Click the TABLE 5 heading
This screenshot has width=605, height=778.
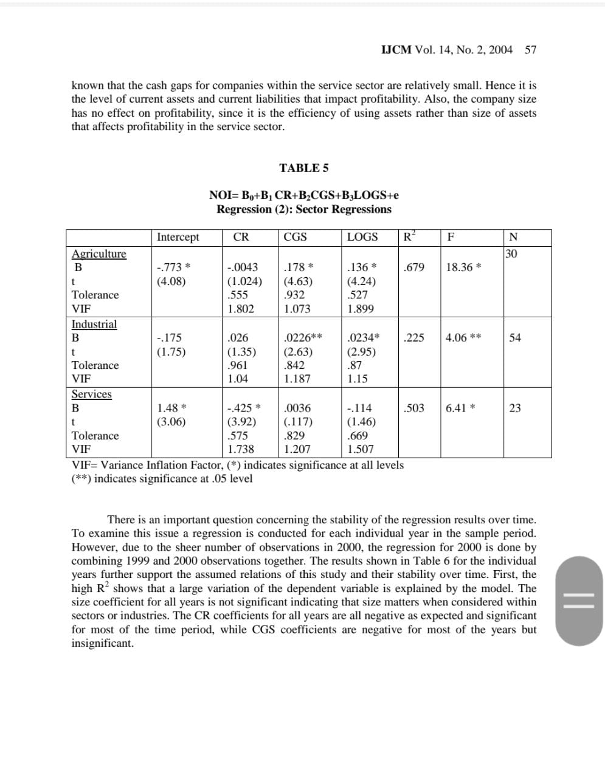(303, 168)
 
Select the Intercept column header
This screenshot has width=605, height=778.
(178, 237)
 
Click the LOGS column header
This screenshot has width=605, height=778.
(362, 237)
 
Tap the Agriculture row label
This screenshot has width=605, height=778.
(99, 253)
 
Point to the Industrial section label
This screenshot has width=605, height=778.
(94, 324)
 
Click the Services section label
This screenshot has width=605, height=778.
(92, 394)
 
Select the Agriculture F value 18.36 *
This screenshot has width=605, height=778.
(463, 267)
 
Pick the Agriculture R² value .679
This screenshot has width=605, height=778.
(413, 267)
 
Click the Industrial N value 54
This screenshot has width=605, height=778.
(514, 337)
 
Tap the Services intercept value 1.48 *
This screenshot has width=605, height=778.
(171, 408)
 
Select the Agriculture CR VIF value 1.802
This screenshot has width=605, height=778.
(241, 309)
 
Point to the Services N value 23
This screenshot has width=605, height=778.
(514, 408)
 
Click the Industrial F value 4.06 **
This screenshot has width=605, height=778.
(463, 337)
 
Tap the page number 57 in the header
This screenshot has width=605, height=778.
(530, 50)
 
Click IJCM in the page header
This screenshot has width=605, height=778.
(396, 50)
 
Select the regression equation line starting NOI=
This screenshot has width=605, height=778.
(303, 195)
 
